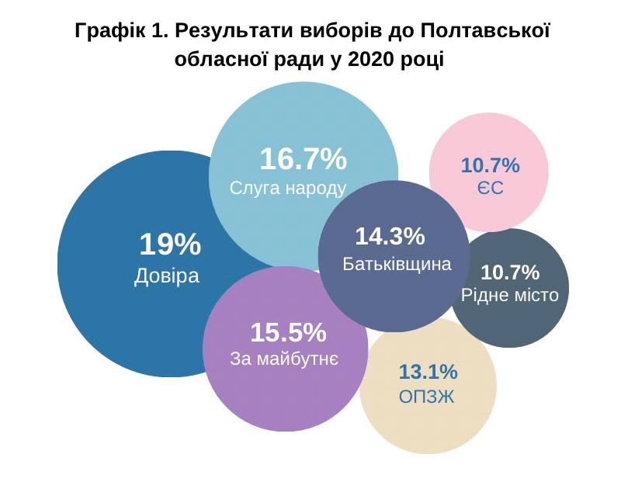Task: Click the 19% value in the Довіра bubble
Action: (x=170, y=245)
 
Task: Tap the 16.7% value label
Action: (x=303, y=158)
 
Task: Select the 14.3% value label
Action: (x=390, y=236)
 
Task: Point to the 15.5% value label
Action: (x=288, y=333)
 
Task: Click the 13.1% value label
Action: (x=428, y=371)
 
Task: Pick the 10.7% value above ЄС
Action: (x=490, y=165)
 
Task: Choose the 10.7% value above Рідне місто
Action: (x=510, y=272)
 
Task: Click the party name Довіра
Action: (x=167, y=276)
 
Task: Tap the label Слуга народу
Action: (x=287, y=189)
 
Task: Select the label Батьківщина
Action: (x=397, y=264)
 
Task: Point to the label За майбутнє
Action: (x=284, y=359)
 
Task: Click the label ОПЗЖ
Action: (x=426, y=397)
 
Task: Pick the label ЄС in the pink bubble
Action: (x=490, y=188)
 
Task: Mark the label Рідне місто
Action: (x=510, y=295)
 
